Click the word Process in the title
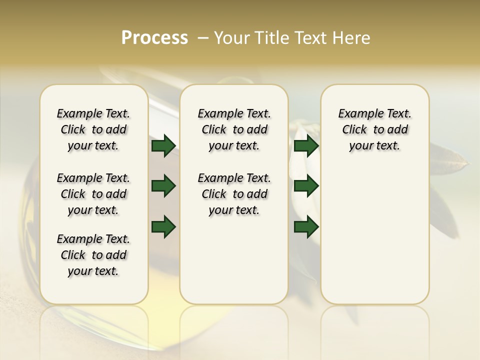(x=154, y=38)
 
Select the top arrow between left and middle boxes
(x=163, y=146)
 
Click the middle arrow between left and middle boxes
(x=163, y=186)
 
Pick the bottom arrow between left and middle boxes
(x=163, y=227)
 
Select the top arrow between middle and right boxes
(x=306, y=146)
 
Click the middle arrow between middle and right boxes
(x=306, y=186)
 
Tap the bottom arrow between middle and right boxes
(x=306, y=227)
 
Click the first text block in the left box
(x=93, y=129)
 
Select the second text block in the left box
(x=93, y=194)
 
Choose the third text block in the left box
(x=93, y=255)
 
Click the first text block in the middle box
(x=234, y=129)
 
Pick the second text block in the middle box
(x=234, y=194)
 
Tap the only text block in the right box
(x=374, y=129)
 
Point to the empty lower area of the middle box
(x=234, y=260)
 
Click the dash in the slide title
(x=203, y=38)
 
